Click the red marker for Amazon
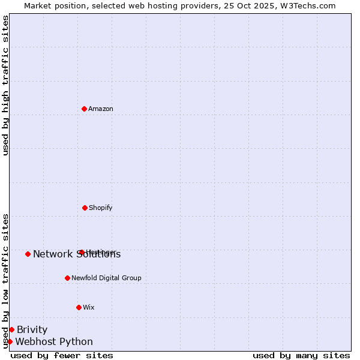coord(85,109)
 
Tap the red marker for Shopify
coord(85,208)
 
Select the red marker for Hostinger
coord(82,252)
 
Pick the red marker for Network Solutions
coord(28,254)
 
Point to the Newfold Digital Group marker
coord(67,278)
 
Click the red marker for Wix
coord(79,307)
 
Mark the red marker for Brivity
coord(11,329)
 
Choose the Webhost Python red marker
coord(10,341)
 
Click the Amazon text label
coord(101,109)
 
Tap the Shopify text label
coord(101,208)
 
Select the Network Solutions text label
coord(77,254)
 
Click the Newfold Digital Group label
coord(106,278)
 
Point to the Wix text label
coord(89,307)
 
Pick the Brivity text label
coord(32,329)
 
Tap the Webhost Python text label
coord(54,342)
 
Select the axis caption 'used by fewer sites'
coord(62,356)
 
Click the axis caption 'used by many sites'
coord(301,356)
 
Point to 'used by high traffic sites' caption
coord(5,85)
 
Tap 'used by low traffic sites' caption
coord(5,281)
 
